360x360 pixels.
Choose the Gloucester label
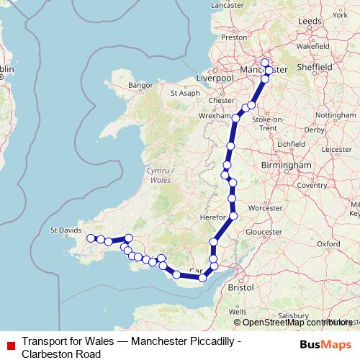coord(264,233)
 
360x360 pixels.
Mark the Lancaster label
coord(228,5)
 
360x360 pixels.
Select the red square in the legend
coord(10,345)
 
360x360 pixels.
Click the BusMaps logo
coord(324,344)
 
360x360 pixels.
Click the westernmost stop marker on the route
coord(91,238)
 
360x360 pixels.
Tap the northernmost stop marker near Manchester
coord(265,62)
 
